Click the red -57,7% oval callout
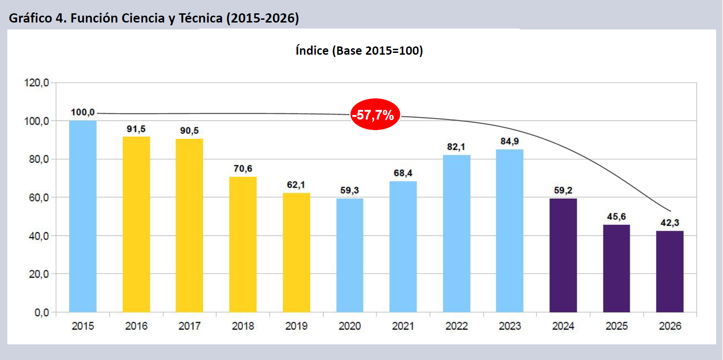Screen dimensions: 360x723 pos(375,114)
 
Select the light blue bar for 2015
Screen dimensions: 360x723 pos(83,216)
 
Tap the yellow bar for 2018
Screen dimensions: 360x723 pos(243,244)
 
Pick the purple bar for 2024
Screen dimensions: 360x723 pos(563,255)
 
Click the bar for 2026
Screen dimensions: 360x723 pos(670,271)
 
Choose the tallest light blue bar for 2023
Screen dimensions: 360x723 pos(510,230)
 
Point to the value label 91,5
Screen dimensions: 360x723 pos(136,129)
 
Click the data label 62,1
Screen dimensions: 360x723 pos(296,185)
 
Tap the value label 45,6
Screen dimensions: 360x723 pos(616,217)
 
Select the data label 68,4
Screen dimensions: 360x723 pos(403,173)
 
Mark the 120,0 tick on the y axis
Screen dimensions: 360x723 pos(36,83)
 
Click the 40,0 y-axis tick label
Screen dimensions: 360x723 pos(36,236)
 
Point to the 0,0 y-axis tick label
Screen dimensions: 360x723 pos(41,313)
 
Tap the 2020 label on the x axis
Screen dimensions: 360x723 pos(350,326)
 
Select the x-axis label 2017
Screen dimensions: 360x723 pos(189,326)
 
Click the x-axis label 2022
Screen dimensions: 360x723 pos(456,326)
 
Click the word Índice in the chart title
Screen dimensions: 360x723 pos(312,51)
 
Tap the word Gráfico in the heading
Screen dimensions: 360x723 pos(30,18)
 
